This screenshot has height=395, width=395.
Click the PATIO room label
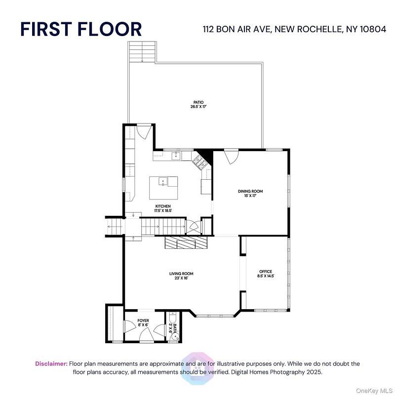click(x=198, y=102)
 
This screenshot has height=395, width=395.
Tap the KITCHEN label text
click(x=163, y=206)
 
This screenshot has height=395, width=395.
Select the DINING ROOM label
click(x=250, y=191)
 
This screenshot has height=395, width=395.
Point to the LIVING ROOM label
click(x=181, y=274)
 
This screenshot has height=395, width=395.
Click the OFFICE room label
click(x=266, y=272)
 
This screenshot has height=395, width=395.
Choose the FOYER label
click(x=143, y=320)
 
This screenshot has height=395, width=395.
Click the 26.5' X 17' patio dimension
click(x=198, y=107)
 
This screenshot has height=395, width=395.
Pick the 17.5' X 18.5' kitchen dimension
click(x=163, y=210)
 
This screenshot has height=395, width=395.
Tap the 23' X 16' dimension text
click(x=181, y=278)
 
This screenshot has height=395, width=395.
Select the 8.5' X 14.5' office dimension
click(x=266, y=276)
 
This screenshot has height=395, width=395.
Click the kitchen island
click(x=163, y=188)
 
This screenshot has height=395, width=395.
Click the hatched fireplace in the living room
click(x=186, y=242)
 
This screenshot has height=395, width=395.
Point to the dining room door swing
click(x=231, y=157)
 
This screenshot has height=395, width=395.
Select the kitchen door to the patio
click(x=144, y=131)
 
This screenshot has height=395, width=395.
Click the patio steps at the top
click(x=142, y=52)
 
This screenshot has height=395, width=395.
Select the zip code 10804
click(x=373, y=29)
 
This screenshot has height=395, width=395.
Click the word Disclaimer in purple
click(x=51, y=364)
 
